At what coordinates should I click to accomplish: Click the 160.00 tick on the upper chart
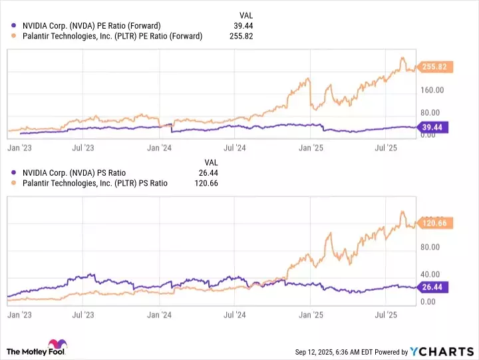coord(432,90)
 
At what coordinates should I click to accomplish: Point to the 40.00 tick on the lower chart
coord(430,274)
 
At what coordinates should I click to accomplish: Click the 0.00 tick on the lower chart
coord(428,301)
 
